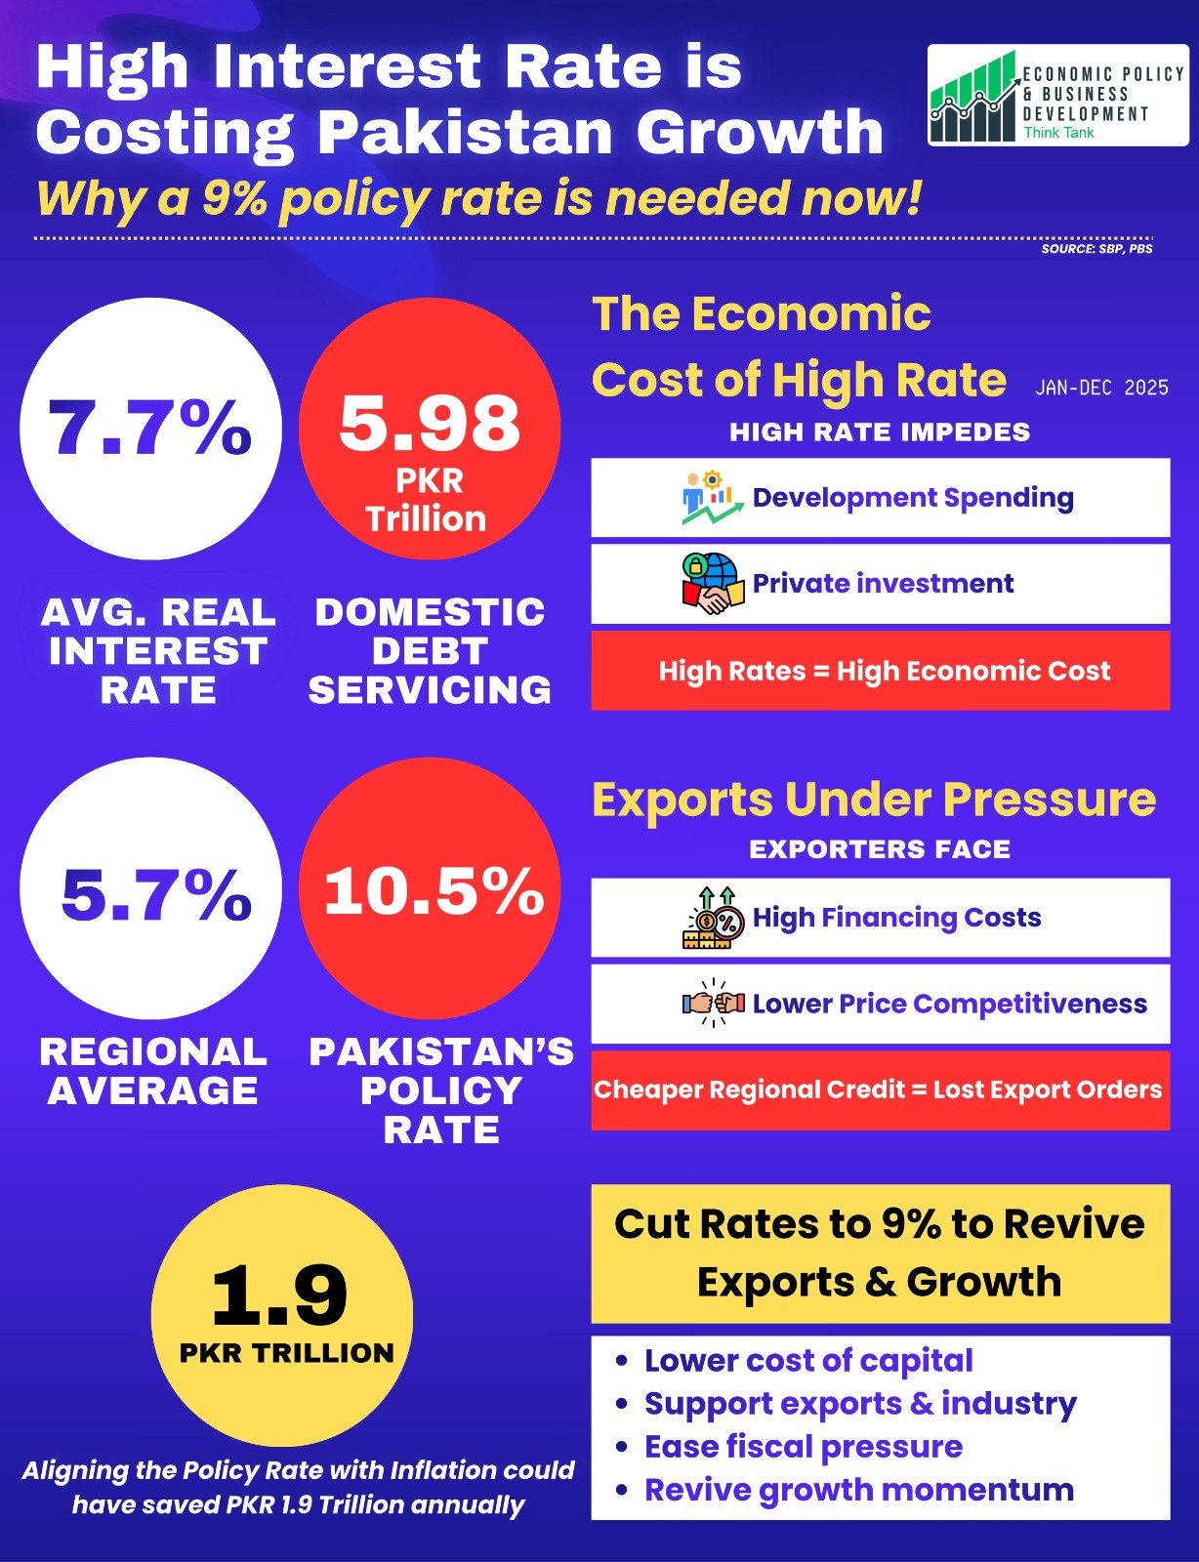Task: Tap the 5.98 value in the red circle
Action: [x=430, y=424]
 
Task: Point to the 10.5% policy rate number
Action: [x=434, y=891]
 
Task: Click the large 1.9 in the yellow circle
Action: [x=279, y=1295]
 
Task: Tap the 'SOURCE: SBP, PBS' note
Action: [x=1096, y=249]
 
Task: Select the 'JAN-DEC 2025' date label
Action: [x=1101, y=388]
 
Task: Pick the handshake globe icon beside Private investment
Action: [x=712, y=583]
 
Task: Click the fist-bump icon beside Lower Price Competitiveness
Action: [x=714, y=1003]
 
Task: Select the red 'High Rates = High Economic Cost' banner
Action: [x=880, y=671]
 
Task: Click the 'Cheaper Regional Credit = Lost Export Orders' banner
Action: [x=879, y=1089]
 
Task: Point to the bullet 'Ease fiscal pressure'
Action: [x=803, y=1446]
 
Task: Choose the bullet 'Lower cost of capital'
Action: [x=807, y=1360]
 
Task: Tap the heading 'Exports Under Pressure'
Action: [x=874, y=800]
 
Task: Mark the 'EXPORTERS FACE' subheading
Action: [x=880, y=849]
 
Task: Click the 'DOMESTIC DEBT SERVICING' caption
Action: [x=430, y=651]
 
